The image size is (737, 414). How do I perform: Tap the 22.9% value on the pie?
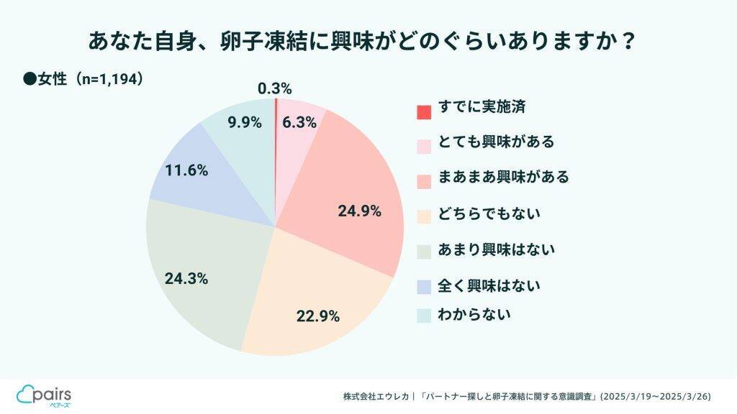pos(317,316)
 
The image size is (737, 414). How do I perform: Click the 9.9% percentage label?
pos(244,122)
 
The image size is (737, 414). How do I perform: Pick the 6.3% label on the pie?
pos(299,122)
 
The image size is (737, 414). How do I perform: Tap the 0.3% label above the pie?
pos(274,88)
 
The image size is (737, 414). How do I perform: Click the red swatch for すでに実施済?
pos(424,111)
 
